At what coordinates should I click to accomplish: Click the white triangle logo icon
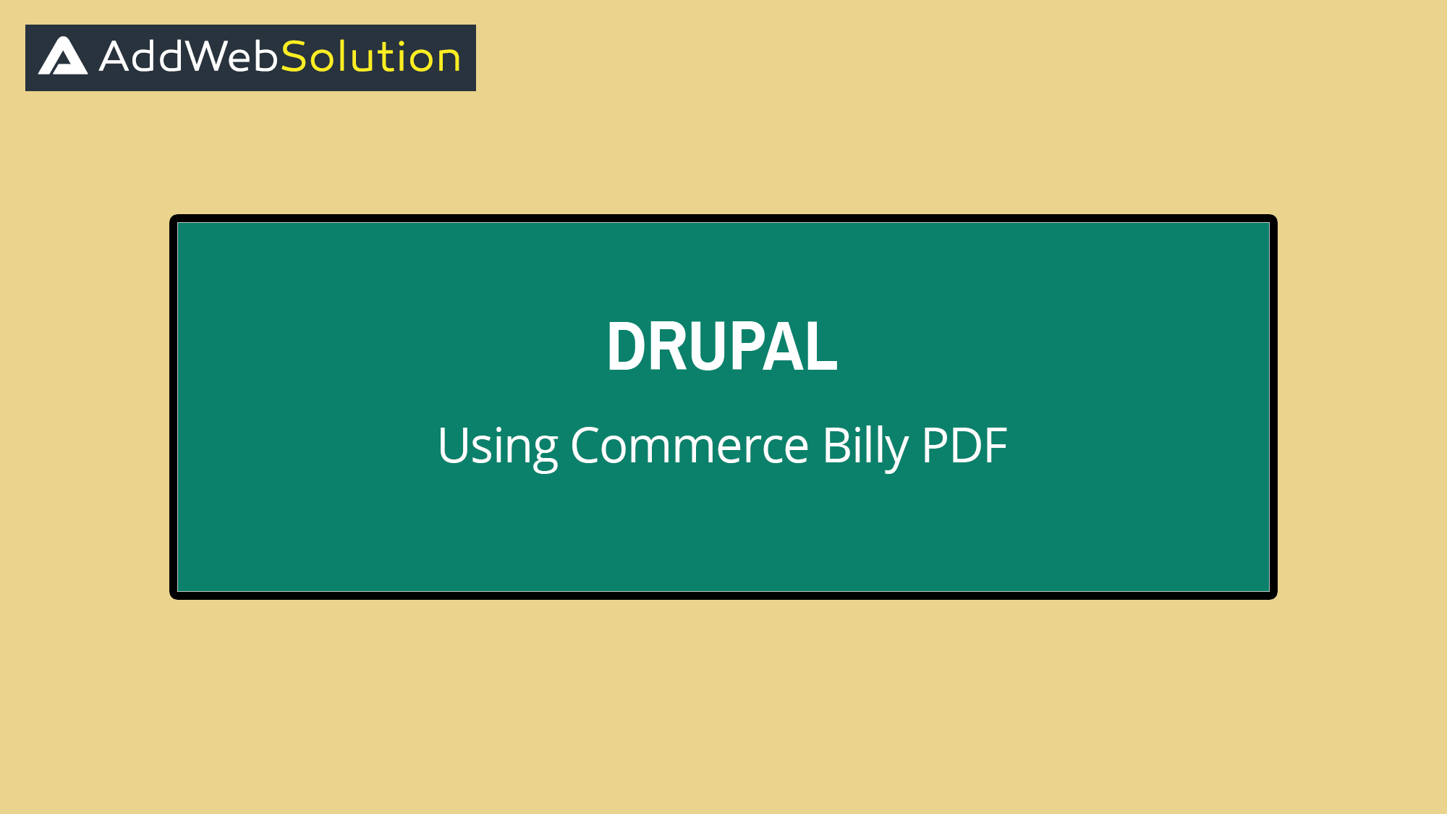(63, 56)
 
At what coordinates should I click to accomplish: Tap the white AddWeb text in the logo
(188, 56)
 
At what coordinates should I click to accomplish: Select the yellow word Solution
(370, 56)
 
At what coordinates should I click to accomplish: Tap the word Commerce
(689, 446)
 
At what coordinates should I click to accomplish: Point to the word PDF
(964, 446)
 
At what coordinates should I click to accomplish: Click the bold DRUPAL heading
(722, 347)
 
